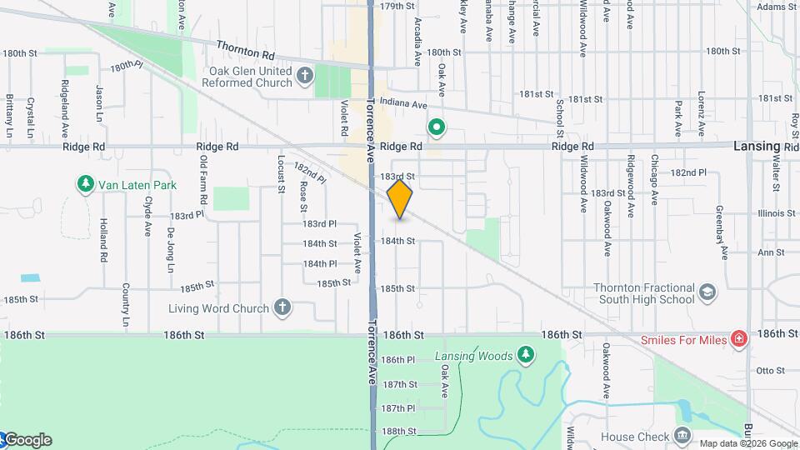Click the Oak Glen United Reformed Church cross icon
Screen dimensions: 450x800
(x=305, y=77)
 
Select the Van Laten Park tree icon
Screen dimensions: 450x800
(x=84, y=184)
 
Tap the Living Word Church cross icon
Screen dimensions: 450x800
(x=282, y=308)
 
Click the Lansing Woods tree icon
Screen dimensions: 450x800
(x=526, y=356)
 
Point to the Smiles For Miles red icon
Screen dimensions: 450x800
(x=738, y=339)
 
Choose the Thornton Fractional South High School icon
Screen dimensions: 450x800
(x=707, y=292)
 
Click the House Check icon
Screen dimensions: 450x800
(x=682, y=437)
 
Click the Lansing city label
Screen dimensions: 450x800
(x=757, y=146)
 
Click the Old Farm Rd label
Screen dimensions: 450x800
(x=202, y=182)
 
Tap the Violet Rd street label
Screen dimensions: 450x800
(x=343, y=118)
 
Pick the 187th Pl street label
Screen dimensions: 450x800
(x=397, y=407)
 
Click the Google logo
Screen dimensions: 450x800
(x=27, y=440)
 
